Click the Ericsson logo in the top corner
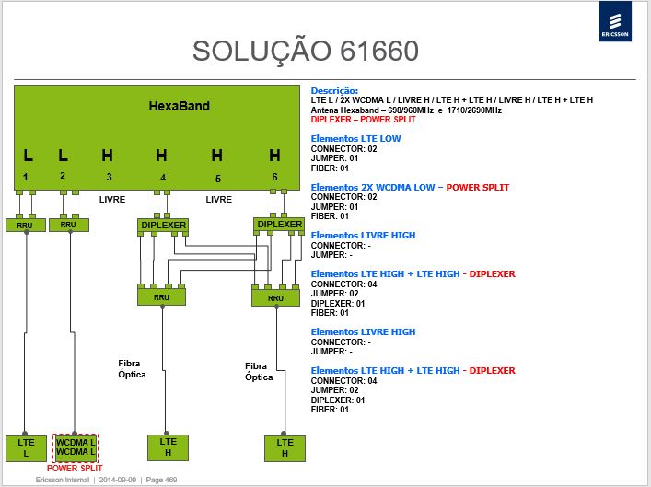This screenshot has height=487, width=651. (615, 21)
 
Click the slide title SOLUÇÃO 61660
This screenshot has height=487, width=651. (305, 51)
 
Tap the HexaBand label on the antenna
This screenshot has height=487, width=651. (179, 106)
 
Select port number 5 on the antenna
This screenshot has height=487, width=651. (218, 179)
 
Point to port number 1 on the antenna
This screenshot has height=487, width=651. (26, 177)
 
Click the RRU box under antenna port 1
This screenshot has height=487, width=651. (26, 225)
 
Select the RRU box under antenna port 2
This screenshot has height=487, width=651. (69, 225)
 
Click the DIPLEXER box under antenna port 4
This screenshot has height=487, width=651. (163, 226)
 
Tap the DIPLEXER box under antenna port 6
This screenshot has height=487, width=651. (279, 225)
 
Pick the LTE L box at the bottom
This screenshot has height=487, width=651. (26, 448)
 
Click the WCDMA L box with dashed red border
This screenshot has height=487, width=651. (76, 447)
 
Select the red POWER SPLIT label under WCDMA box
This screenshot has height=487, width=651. (75, 469)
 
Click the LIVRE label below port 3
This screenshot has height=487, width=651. (112, 199)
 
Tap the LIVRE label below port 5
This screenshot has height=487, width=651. (219, 199)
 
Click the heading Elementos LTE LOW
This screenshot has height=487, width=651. (355, 139)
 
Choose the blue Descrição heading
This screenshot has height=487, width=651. (334, 90)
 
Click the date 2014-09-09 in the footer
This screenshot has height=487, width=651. (118, 480)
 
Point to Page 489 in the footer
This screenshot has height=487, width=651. (161, 480)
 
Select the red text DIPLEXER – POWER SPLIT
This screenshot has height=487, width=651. (364, 120)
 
